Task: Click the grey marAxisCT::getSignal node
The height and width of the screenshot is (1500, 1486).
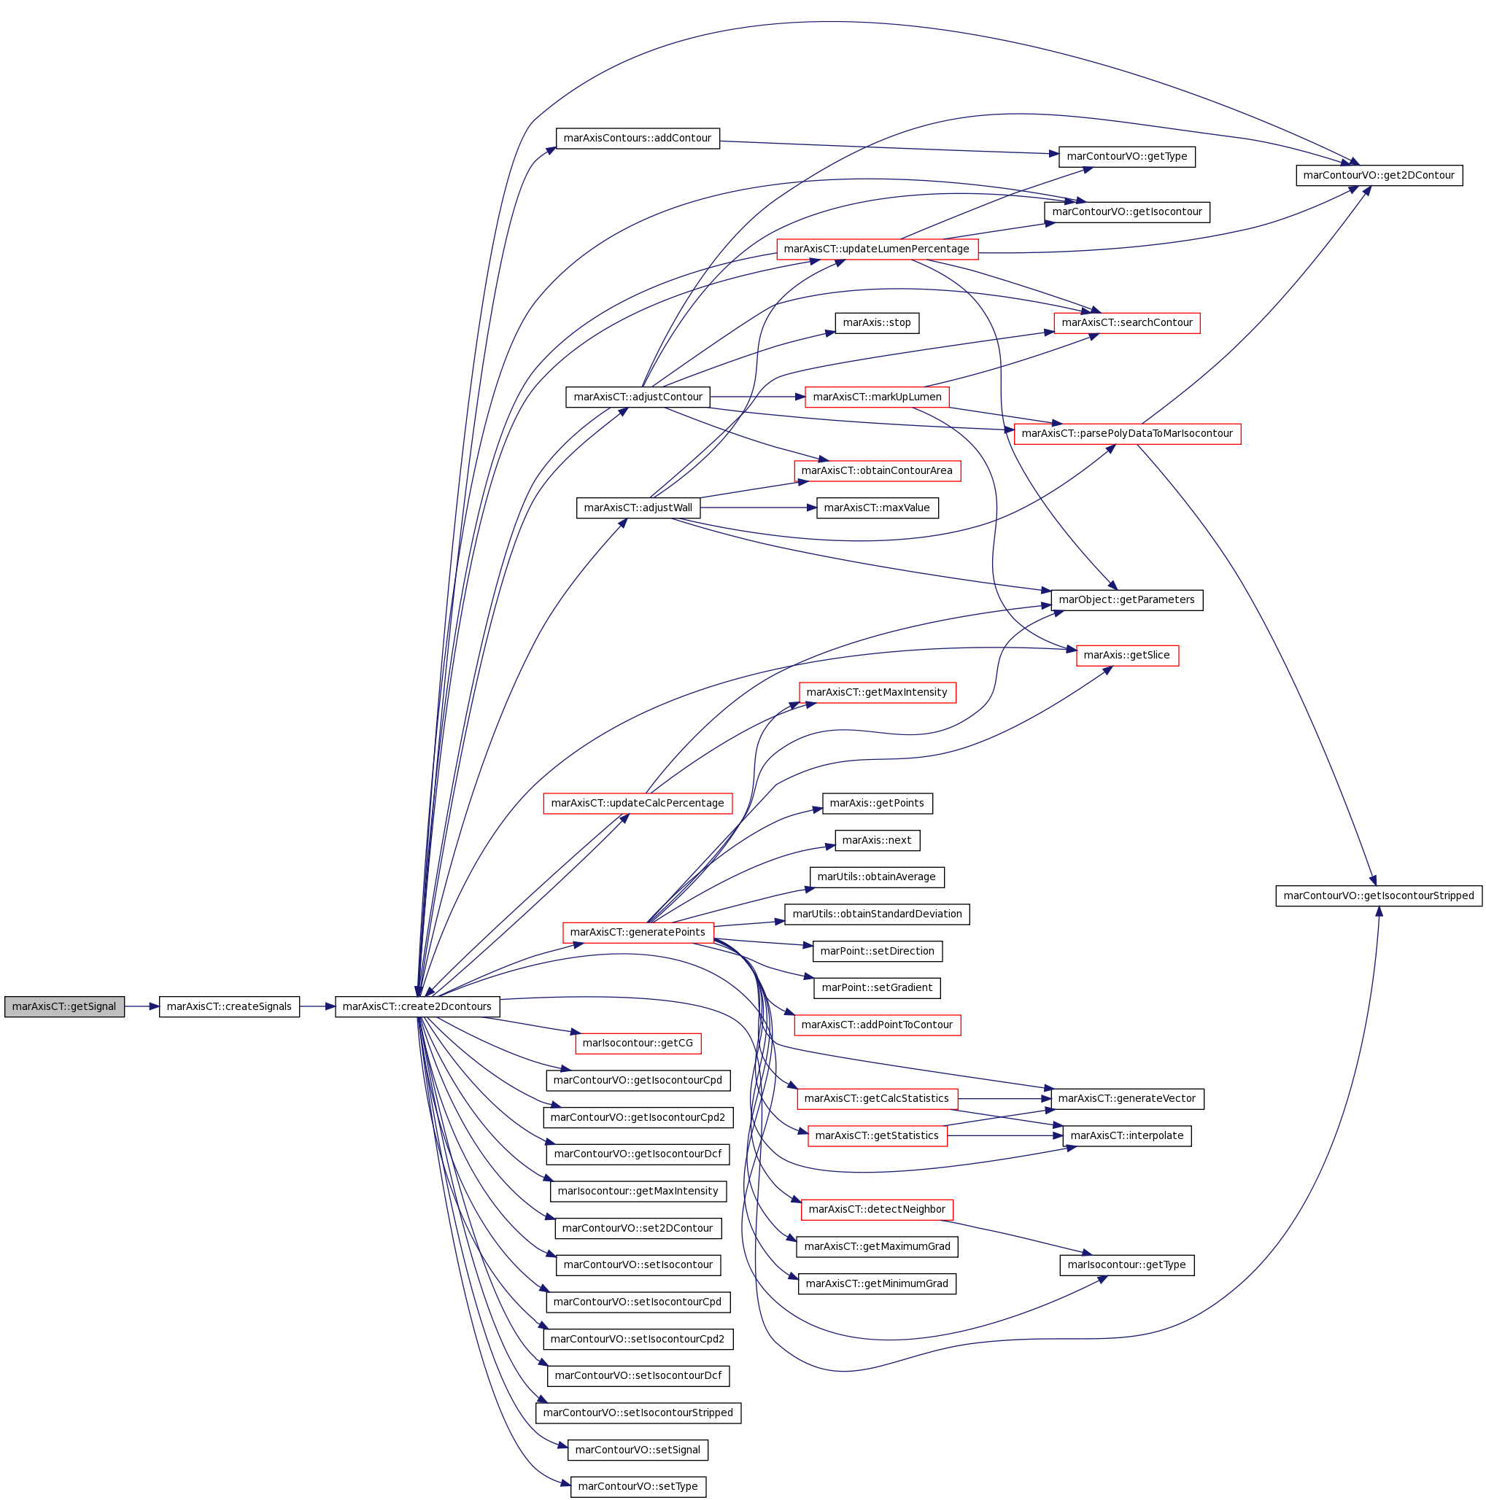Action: [x=64, y=1006]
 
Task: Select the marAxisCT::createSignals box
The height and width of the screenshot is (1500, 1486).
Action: [x=229, y=1006]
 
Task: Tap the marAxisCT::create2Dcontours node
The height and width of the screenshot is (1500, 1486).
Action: [x=417, y=1006]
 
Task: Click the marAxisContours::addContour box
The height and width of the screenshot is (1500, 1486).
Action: [x=638, y=139]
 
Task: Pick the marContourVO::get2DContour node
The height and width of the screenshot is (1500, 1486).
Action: [x=1379, y=176]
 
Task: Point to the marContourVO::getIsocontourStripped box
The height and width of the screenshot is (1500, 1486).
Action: [x=1379, y=895]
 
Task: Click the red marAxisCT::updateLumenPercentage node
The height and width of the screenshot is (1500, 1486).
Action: [x=877, y=249]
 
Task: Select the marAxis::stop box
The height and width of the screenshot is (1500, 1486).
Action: [x=877, y=323]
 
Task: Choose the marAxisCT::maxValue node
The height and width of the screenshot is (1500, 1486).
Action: [x=877, y=508]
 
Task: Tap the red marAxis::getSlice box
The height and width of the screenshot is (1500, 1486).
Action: [x=1127, y=656]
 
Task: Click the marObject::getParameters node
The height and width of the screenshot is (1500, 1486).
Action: [x=1127, y=600]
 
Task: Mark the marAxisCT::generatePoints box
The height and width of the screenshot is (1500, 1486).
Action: [x=638, y=933]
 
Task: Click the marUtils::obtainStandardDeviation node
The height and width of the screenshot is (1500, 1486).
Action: [x=877, y=914]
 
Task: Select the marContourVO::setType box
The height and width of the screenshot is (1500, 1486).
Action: [x=638, y=1487]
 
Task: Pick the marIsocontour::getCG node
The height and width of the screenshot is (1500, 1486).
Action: [x=638, y=1044]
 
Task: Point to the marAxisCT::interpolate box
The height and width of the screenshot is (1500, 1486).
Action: [x=1127, y=1136]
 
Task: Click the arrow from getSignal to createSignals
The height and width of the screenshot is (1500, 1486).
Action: [x=142, y=1006]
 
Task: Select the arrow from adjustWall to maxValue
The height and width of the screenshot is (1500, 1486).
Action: [x=759, y=508]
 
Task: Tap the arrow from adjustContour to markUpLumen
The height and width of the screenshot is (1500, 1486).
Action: [x=758, y=397]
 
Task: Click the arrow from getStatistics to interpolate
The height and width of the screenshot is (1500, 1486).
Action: [x=1005, y=1136]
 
